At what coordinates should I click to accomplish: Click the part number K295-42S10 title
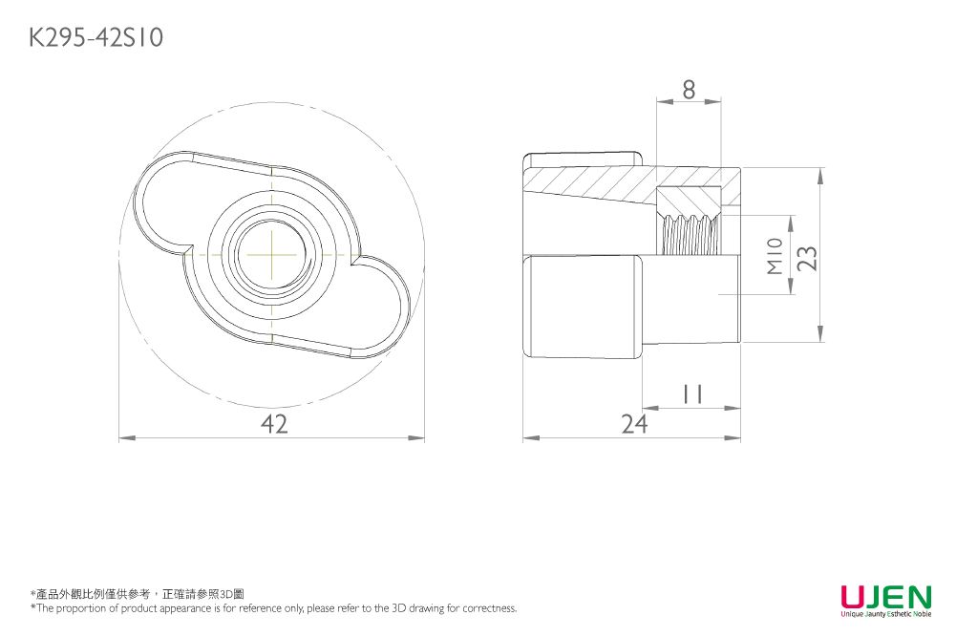pyautogui.click(x=96, y=38)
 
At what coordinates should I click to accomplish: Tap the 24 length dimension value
pyautogui.click(x=632, y=424)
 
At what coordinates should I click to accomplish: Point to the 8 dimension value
pyautogui.click(x=689, y=89)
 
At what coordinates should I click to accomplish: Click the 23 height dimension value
pyautogui.click(x=808, y=258)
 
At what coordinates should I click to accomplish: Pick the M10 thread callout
pyautogui.click(x=775, y=257)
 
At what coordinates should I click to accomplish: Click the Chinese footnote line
pyautogui.click(x=138, y=594)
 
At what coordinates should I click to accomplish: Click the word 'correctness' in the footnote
pyautogui.click(x=489, y=608)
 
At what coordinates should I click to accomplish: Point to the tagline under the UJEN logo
pyautogui.click(x=885, y=614)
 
